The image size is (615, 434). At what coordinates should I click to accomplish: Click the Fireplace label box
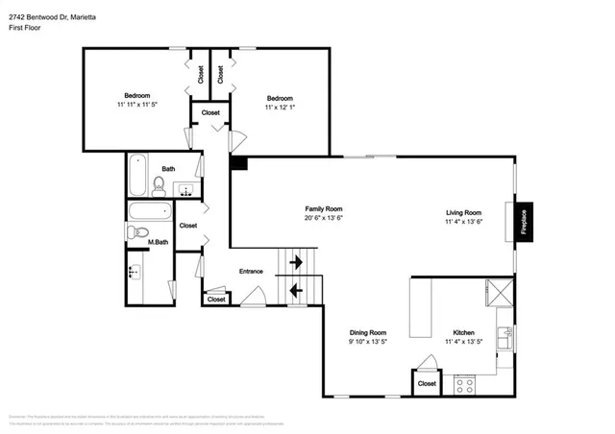524,221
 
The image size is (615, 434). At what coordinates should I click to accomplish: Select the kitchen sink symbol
504,339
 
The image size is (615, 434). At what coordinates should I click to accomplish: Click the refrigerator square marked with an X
500,292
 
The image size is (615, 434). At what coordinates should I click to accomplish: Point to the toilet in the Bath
159,182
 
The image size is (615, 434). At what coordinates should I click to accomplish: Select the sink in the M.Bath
134,272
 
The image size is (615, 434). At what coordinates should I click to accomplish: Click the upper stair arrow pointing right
297,260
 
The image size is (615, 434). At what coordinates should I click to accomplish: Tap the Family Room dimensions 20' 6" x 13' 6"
323,218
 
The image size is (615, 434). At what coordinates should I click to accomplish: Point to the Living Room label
463,212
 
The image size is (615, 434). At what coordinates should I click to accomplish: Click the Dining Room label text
367,332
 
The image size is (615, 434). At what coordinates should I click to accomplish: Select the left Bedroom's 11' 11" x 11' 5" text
135,104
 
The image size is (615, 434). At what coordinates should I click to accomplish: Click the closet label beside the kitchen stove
427,383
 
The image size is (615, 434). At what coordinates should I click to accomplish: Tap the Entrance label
251,272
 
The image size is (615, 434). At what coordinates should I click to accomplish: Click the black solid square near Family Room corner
238,164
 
